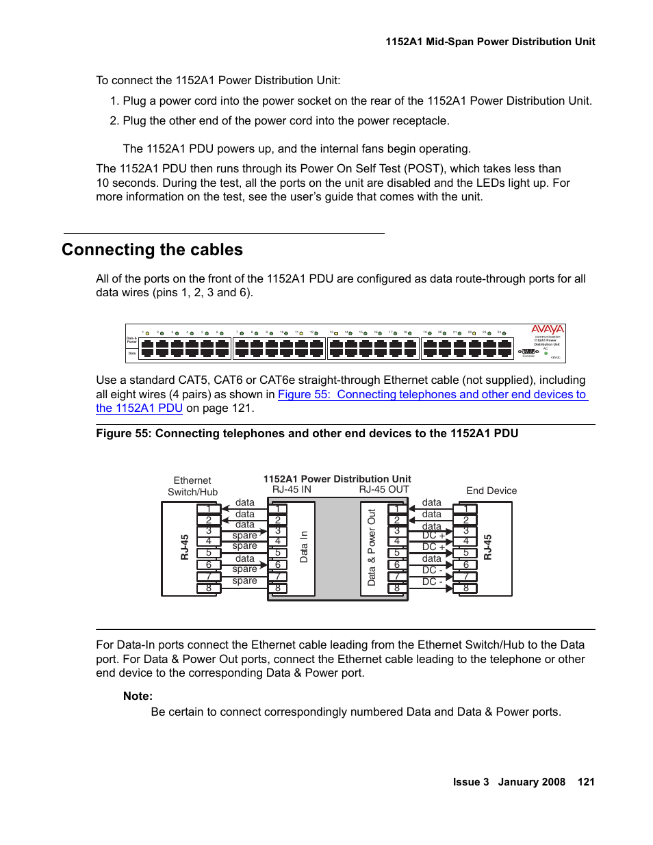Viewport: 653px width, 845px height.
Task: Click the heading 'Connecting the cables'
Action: [x=152, y=250]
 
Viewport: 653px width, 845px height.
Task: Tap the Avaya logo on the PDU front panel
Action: [x=548, y=329]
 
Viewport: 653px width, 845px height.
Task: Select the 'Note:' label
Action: [x=138, y=696]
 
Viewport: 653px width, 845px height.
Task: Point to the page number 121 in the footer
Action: [x=586, y=782]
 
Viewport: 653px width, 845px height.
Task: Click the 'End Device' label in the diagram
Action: [x=491, y=491]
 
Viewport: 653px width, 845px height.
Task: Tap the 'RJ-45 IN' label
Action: [x=292, y=489]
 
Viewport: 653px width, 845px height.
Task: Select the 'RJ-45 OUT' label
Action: [x=384, y=489]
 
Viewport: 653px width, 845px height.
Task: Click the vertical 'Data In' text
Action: [x=304, y=547]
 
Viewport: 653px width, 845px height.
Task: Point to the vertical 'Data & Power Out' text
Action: [x=372, y=547]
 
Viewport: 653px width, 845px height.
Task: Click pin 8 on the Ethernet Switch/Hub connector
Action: [x=209, y=588]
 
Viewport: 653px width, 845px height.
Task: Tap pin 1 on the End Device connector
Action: [x=466, y=508]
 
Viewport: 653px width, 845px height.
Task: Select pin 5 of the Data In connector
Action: [x=278, y=553]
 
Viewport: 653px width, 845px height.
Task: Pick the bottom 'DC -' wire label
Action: [x=432, y=582]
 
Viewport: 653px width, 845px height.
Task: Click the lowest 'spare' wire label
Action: [x=244, y=580]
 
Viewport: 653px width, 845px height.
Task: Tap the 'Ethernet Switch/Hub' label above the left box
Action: [x=192, y=486]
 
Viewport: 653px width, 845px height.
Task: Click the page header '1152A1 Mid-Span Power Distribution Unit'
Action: [x=490, y=42]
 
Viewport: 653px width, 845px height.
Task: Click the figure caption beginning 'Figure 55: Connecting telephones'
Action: [x=307, y=433]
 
